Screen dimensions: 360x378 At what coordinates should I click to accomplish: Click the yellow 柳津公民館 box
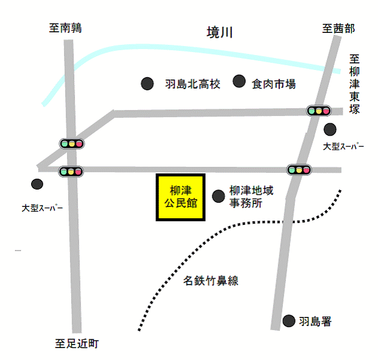[181, 197]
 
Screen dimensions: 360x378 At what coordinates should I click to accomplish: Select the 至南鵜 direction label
[66, 28]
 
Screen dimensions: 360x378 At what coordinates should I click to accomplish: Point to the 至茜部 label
[338, 28]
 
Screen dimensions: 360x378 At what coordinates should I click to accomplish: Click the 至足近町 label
[77, 343]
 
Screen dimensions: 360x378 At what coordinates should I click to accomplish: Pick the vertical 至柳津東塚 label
[355, 84]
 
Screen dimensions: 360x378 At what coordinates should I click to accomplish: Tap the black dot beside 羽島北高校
[147, 84]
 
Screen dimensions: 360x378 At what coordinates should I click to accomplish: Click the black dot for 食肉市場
[240, 81]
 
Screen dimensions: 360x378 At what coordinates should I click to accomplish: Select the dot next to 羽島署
[289, 321]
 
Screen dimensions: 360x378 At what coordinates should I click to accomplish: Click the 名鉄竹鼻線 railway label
[212, 280]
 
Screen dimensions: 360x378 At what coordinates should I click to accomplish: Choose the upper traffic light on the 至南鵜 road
[71, 144]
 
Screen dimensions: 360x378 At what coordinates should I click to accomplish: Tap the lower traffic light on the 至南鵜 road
[71, 172]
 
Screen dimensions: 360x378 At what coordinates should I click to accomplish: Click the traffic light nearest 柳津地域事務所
[299, 170]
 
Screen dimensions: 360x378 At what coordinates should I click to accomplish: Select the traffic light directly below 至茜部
[319, 111]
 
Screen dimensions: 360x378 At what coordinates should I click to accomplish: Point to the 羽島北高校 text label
[193, 84]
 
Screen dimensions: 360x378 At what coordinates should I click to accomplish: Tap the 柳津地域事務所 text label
[252, 197]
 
